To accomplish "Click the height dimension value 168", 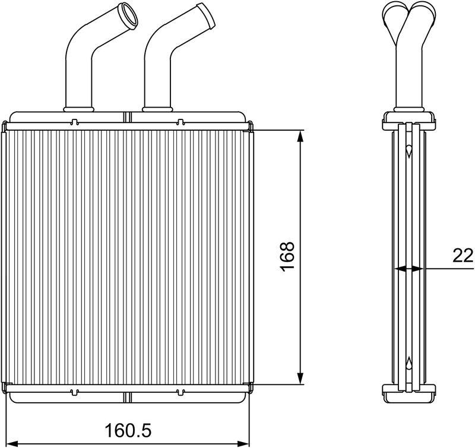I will tap(287, 256).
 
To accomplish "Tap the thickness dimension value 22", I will tap(463, 256).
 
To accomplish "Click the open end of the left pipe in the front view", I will tap(128, 12).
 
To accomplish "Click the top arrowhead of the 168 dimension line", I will tap(302, 135).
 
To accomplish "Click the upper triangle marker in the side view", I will tap(409, 153).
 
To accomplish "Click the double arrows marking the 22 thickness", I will tap(409, 269).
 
